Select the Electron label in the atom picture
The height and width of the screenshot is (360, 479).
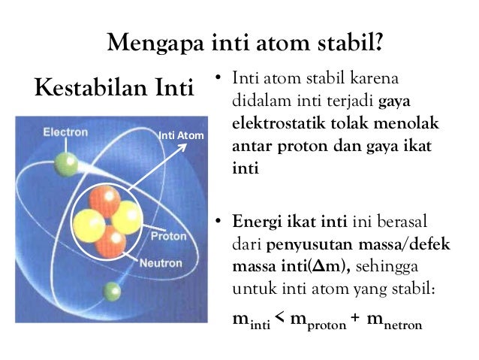tap(65, 132)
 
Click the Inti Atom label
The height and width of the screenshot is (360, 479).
tap(181, 136)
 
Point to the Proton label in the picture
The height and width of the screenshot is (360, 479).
tap(170, 236)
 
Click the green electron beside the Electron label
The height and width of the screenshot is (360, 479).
tap(65, 162)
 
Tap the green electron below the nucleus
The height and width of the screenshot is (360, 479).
tap(113, 290)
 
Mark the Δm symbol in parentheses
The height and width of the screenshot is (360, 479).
tap(335, 268)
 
